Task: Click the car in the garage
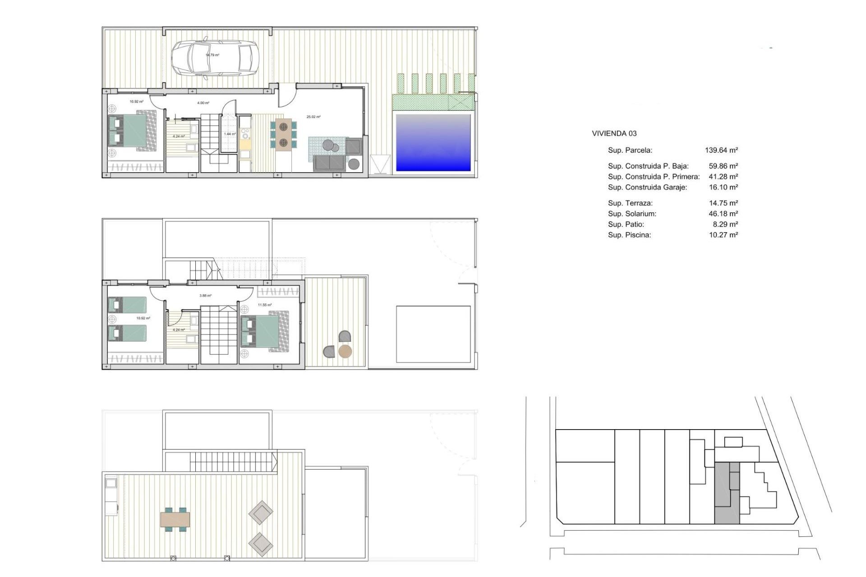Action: tap(213, 58)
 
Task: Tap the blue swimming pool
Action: tap(433, 142)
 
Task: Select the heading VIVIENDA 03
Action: tap(614, 133)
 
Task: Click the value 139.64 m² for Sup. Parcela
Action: tap(721, 150)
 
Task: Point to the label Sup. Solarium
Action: tap(632, 214)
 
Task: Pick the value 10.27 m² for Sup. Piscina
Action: tap(723, 235)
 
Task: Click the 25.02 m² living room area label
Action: tap(313, 117)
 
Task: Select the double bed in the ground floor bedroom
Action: tap(132, 130)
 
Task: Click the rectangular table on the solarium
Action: tap(175, 519)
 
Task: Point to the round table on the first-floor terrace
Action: tap(345, 351)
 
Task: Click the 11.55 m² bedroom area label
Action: tap(265, 305)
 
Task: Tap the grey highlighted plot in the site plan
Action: tap(726, 494)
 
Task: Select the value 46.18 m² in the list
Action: tap(723, 214)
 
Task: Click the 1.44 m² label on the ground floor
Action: tap(230, 134)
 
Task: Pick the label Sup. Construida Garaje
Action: tap(647, 187)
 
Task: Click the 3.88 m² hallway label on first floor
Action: tap(205, 296)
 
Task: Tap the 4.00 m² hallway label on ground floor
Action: tap(203, 103)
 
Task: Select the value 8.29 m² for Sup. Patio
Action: tap(725, 224)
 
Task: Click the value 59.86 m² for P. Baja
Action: tap(723, 166)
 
